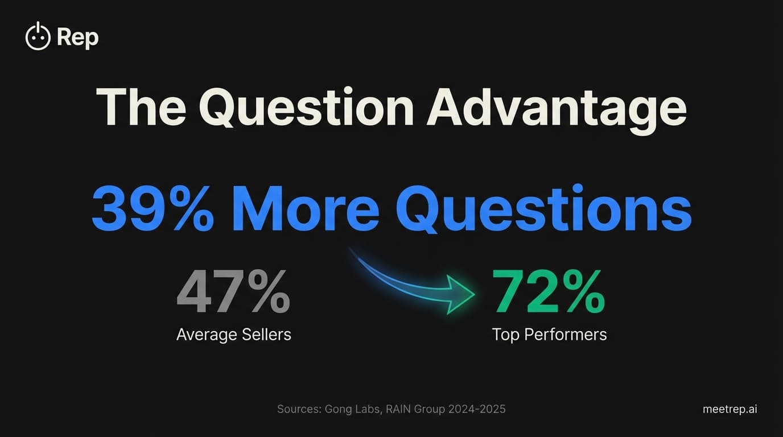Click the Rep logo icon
[38, 36]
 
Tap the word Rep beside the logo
[78, 38]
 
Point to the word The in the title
[141, 108]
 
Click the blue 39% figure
[153, 208]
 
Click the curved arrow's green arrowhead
[460, 294]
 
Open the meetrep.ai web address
[730, 409]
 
